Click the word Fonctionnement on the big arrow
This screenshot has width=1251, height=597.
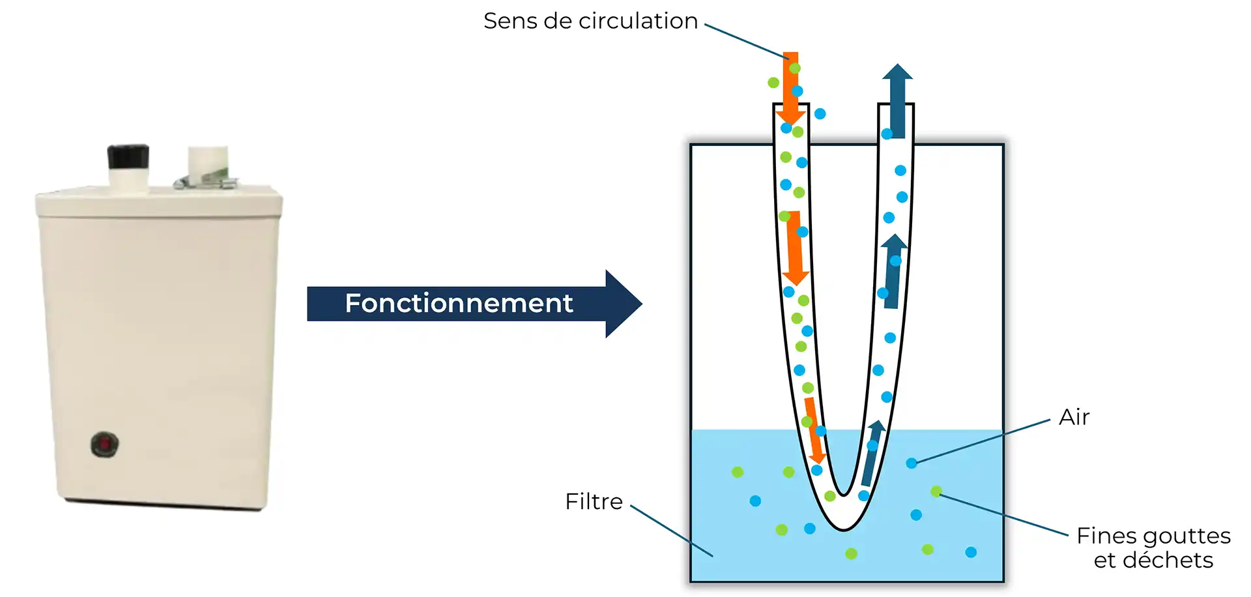(x=459, y=303)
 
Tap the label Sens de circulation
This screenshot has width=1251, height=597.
(x=590, y=21)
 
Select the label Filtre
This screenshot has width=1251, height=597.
(x=594, y=501)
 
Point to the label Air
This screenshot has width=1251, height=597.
(x=1074, y=417)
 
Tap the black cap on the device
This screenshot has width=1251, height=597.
(x=128, y=157)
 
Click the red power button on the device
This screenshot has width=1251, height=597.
(x=105, y=444)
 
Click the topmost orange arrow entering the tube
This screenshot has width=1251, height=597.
(x=790, y=88)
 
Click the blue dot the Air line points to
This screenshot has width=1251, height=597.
(x=912, y=463)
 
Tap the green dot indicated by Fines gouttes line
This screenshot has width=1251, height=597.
(x=936, y=491)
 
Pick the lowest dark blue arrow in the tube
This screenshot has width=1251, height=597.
(x=871, y=453)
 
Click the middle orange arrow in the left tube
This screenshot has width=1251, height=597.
(x=794, y=248)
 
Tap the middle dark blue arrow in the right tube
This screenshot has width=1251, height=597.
(x=893, y=270)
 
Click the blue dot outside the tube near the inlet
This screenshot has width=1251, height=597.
(x=820, y=114)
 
